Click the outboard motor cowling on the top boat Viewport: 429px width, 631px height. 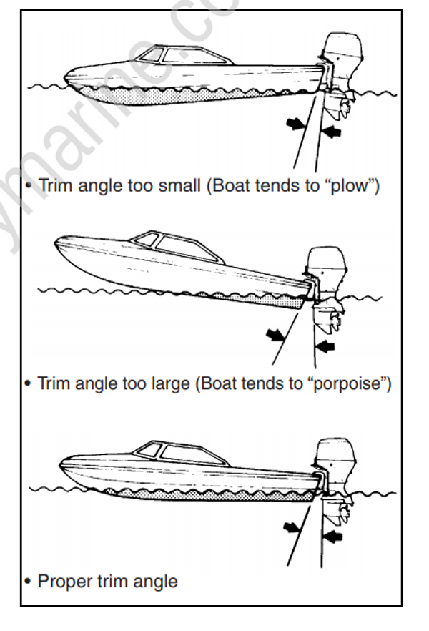click(x=335, y=51)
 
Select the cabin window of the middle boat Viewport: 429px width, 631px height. click(x=184, y=248)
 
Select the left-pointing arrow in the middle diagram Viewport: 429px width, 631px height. click(x=325, y=347)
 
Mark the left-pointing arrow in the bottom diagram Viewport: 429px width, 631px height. click(x=332, y=535)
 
